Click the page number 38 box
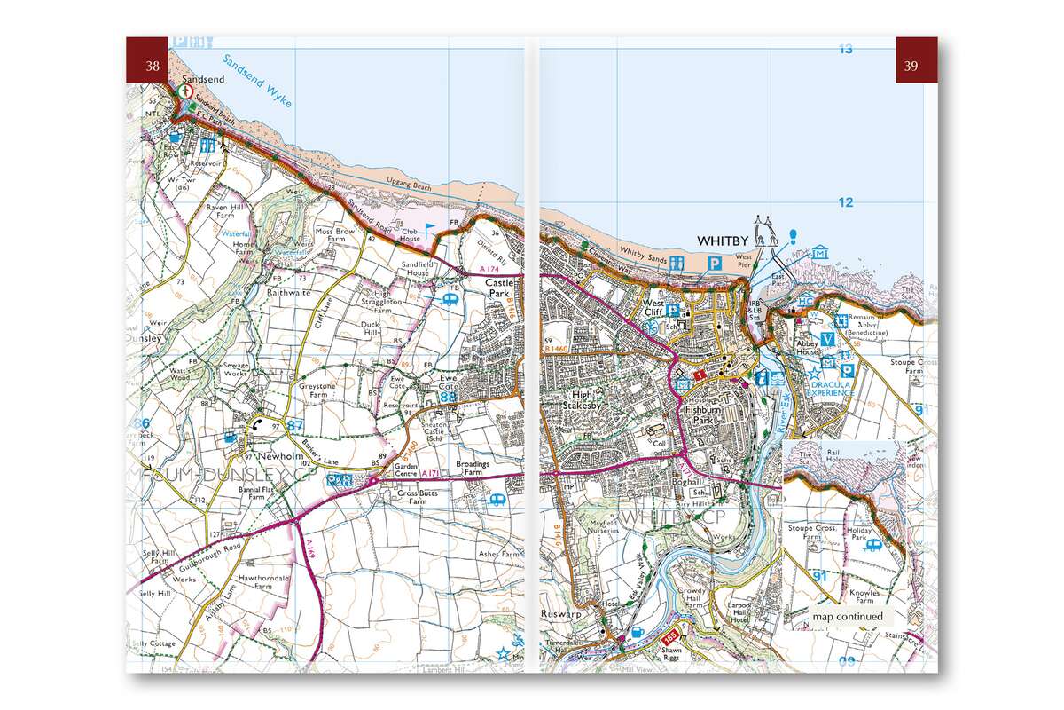click(153, 64)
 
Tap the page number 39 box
click(911, 64)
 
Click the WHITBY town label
click(724, 241)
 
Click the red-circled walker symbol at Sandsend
click(186, 91)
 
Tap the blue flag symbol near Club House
click(430, 228)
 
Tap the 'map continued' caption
click(847, 617)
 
